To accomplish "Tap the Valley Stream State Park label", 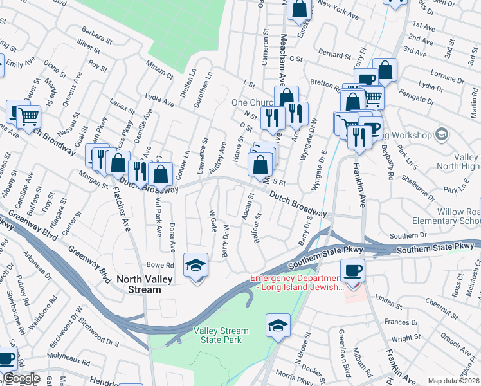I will click(221, 335).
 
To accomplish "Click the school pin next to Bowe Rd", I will click(196, 266).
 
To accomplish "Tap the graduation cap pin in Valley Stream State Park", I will click(278, 326).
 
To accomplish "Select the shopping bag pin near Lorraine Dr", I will click(385, 70).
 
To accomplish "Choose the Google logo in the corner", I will click(21, 378).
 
